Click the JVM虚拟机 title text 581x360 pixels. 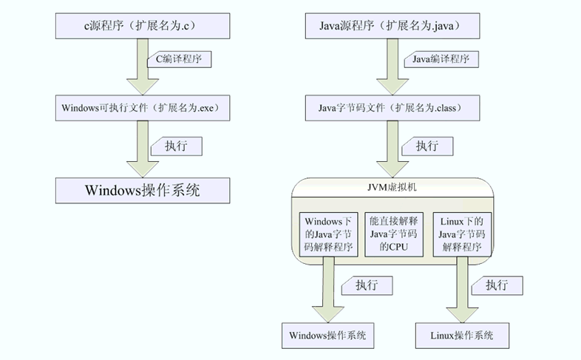click(393, 188)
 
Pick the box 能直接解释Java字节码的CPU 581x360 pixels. click(393, 234)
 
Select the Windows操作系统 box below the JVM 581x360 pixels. click(327, 335)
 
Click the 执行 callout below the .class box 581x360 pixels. click(427, 146)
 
